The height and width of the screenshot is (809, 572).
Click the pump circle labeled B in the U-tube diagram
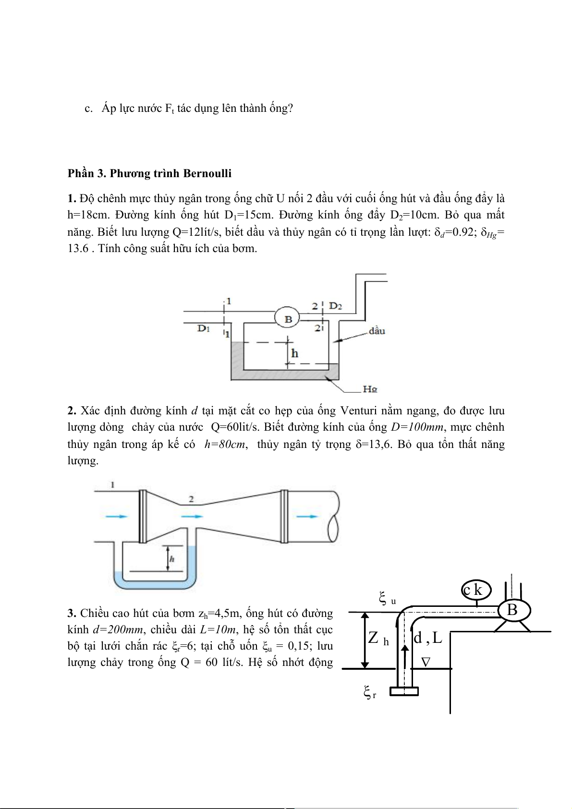coord(287,318)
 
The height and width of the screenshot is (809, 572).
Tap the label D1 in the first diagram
coord(204,328)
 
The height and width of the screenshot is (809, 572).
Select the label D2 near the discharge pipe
coord(335,306)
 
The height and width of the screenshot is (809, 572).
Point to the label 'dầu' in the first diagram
coord(377,331)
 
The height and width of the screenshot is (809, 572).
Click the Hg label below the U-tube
coord(370,389)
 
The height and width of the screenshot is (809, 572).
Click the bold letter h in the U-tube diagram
coord(294,353)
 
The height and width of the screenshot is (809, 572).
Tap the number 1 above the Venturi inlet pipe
coord(112,484)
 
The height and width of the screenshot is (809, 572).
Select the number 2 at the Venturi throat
coord(191,499)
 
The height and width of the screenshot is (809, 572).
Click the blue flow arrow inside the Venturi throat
coord(192,516)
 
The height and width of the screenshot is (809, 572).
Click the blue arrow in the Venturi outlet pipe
coord(306,516)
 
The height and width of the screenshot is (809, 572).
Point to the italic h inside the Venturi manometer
coord(172,558)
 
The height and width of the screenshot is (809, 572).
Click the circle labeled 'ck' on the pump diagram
coord(475,590)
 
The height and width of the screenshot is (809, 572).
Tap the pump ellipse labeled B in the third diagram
coord(512,610)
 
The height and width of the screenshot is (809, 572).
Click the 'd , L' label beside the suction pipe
coord(427,638)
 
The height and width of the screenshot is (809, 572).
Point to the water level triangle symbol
coord(426,662)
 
